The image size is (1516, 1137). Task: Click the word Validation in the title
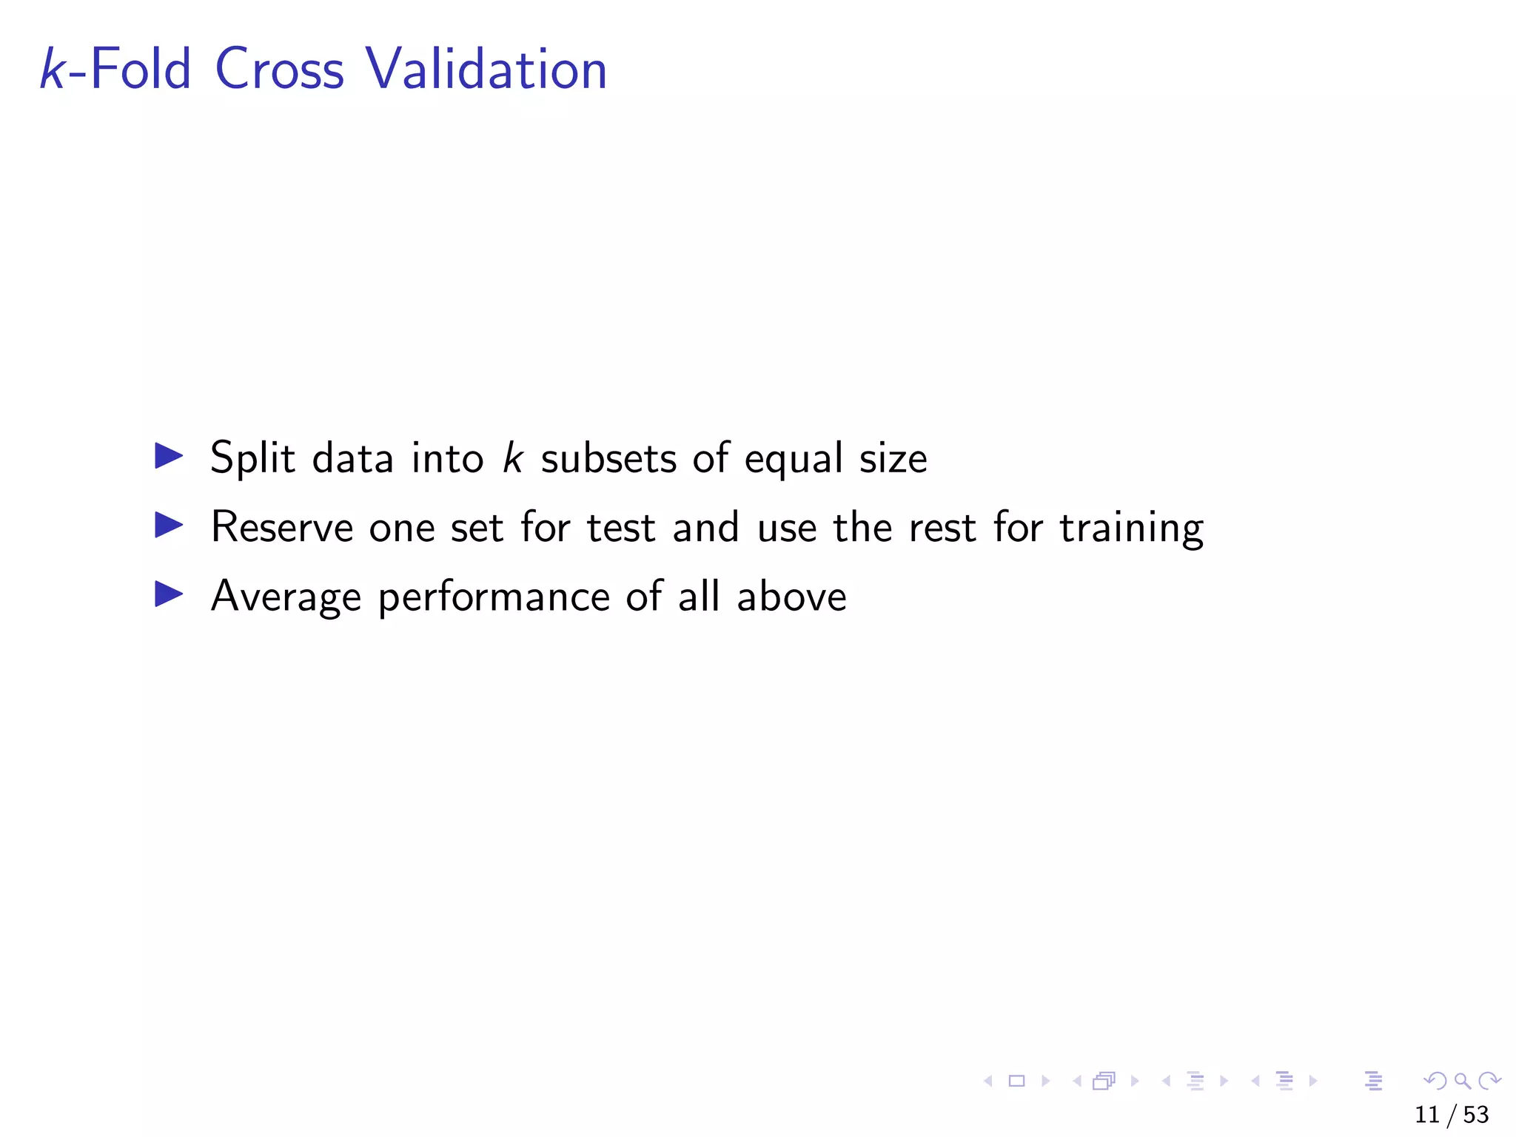pyautogui.click(x=486, y=69)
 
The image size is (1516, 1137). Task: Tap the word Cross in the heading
pyautogui.click(x=279, y=69)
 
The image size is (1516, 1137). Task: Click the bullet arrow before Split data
pyautogui.click(x=169, y=456)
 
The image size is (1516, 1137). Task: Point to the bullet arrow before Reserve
pyautogui.click(x=169, y=526)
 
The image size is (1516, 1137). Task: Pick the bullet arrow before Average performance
pyautogui.click(x=169, y=594)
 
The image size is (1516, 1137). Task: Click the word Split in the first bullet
pyautogui.click(x=253, y=457)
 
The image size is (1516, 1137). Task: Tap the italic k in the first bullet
pyautogui.click(x=512, y=457)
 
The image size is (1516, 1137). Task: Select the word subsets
pyautogui.click(x=608, y=459)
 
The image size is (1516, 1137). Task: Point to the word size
pyautogui.click(x=893, y=459)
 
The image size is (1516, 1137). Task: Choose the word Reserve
pyautogui.click(x=282, y=527)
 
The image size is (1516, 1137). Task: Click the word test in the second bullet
pyautogui.click(x=621, y=529)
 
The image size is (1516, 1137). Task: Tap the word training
pyautogui.click(x=1131, y=529)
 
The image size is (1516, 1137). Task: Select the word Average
pyautogui.click(x=286, y=597)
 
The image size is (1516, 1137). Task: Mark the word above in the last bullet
pyautogui.click(x=791, y=597)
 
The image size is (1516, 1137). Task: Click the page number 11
pyautogui.click(x=1427, y=1115)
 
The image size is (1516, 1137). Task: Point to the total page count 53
pyautogui.click(x=1476, y=1115)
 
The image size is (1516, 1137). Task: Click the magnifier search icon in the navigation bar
pyautogui.click(x=1463, y=1081)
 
